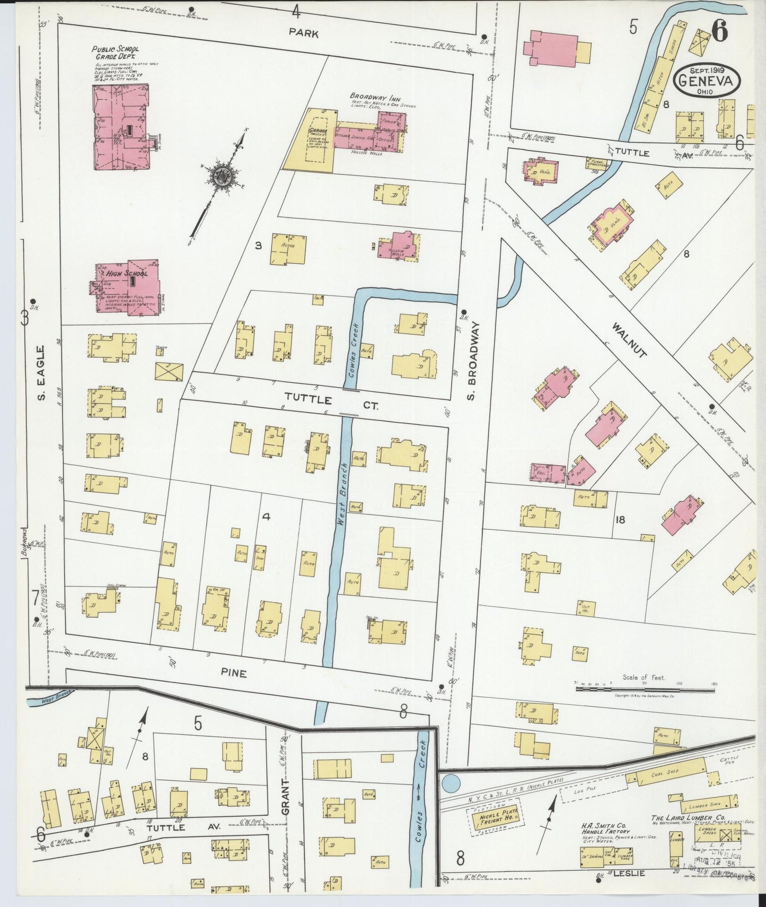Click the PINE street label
234,673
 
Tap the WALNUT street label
629,339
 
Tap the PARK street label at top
304,33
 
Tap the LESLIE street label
629,873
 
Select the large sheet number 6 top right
719,33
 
